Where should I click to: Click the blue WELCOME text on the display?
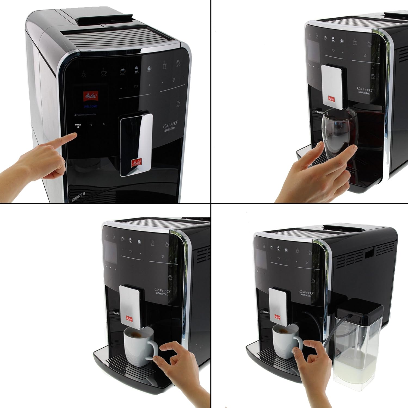click(91, 106)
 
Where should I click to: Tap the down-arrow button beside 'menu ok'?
click(91, 125)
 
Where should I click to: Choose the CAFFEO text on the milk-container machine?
click(306, 292)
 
